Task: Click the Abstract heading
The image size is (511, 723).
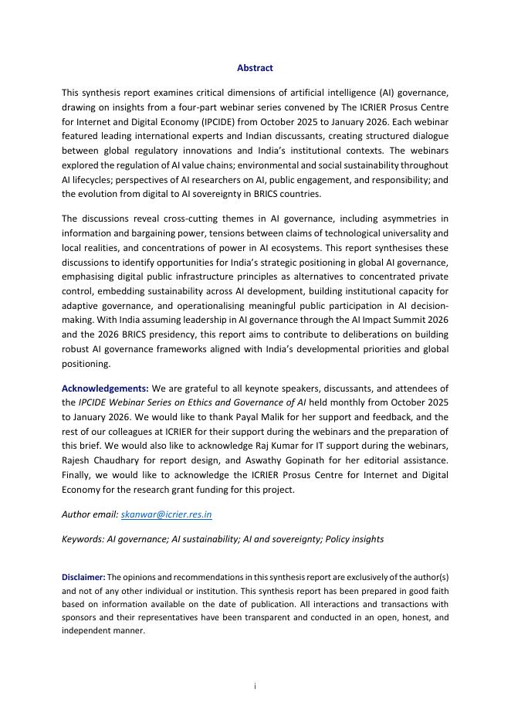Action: (x=255, y=68)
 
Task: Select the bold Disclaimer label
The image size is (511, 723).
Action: (x=83, y=577)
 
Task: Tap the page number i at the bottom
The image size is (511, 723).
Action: (x=255, y=687)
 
